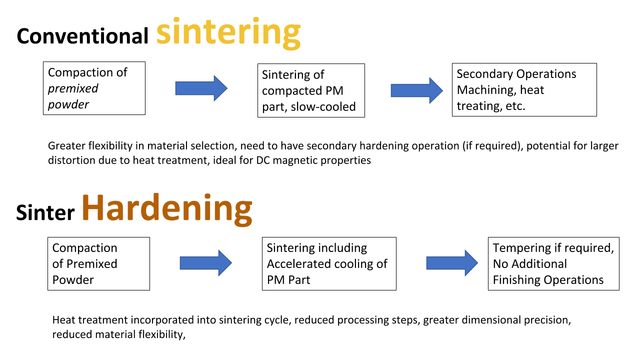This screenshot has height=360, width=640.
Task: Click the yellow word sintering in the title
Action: click(x=228, y=33)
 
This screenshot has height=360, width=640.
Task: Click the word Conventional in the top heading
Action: click(x=82, y=36)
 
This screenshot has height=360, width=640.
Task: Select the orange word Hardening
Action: click(x=166, y=209)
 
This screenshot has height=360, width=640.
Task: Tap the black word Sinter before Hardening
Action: click(x=45, y=212)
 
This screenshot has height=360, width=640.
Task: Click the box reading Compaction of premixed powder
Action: click(x=94, y=88)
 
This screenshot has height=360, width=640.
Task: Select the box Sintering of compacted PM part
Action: click(x=310, y=90)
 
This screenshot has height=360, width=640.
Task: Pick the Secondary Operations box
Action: click(x=524, y=90)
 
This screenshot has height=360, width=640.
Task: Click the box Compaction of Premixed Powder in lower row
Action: click(x=98, y=263)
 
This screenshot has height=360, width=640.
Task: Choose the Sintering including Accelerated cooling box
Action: click(x=328, y=263)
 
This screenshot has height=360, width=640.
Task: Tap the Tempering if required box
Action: click(x=553, y=263)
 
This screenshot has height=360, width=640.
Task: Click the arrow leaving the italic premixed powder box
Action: click(x=201, y=88)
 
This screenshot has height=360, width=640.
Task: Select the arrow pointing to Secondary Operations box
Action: click(x=416, y=90)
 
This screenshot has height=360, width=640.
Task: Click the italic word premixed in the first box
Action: click(x=73, y=88)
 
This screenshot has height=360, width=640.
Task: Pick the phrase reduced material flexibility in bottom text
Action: click(x=117, y=334)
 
